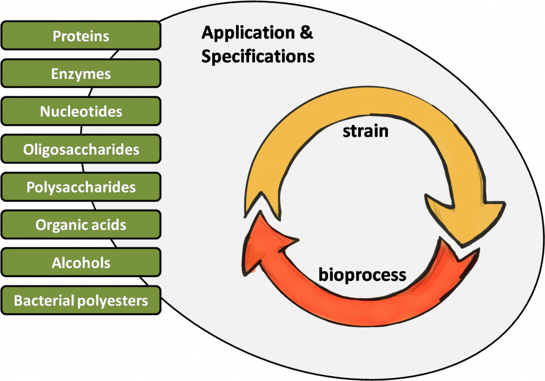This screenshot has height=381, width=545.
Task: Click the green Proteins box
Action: tap(81, 35)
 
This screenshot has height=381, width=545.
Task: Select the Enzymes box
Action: tap(81, 74)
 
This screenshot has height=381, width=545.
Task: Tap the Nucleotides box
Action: tap(81, 112)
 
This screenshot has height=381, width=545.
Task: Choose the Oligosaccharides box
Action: tap(81, 150)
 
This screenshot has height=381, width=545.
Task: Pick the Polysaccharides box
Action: tap(81, 187)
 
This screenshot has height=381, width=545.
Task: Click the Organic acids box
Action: tap(81, 225)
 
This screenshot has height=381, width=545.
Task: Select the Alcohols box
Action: tap(81, 263)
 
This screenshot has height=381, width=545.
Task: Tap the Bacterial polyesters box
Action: tap(81, 301)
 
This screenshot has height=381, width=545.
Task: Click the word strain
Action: tap(365, 130)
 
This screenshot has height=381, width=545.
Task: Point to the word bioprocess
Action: tap(362, 275)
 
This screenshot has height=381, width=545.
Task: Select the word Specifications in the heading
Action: tap(258, 56)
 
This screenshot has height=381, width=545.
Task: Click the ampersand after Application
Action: tap(306, 33)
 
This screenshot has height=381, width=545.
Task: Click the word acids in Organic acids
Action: tap(108, 225)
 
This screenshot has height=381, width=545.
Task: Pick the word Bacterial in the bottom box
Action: tap(44, 301)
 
